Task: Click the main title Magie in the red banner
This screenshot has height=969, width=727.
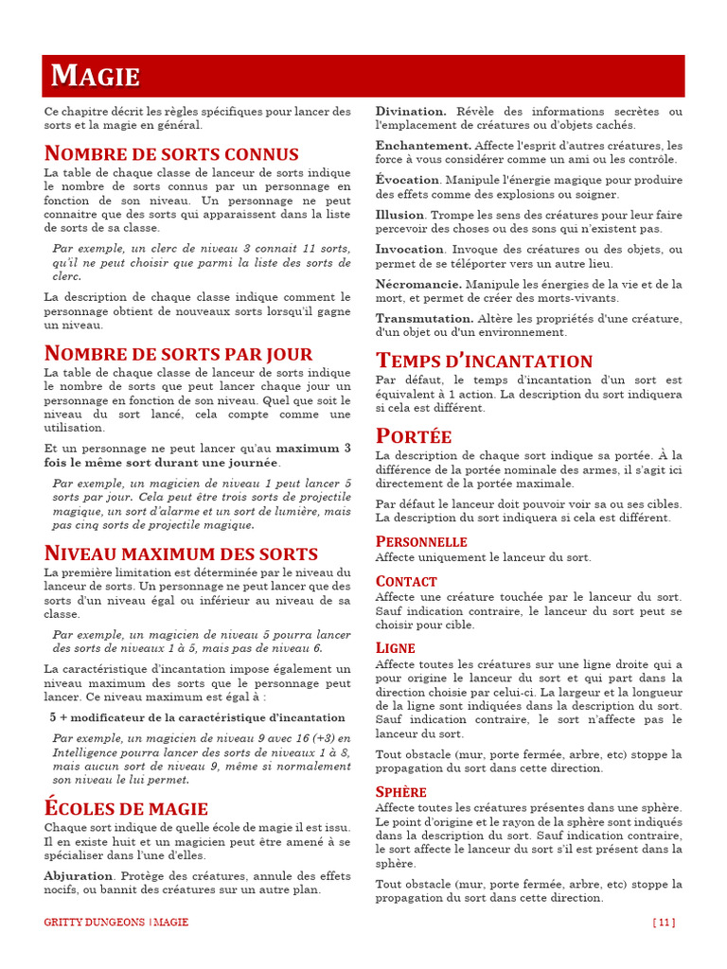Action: coord(96,77)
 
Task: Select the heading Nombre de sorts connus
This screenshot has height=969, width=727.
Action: coord(171,153)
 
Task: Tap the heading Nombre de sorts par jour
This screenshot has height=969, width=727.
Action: coord(178,354)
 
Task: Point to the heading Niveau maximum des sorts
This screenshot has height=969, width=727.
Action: coord(181,554)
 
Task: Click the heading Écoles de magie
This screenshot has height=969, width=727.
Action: coord(126,808)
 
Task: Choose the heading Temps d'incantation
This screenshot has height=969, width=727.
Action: coord(484,361)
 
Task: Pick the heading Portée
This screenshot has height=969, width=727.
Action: coord(414,436)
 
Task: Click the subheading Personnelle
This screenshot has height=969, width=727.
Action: coord(421,541)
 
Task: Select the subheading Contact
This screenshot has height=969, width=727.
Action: coord(406,581)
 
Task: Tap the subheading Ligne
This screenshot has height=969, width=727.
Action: coord(396,647)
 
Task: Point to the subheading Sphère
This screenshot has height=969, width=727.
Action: coord(401,791)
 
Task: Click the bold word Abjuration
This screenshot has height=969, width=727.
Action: coord(79,876)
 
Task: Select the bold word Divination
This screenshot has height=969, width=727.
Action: coord(411,112)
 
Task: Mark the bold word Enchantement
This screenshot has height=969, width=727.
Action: coord(423,146)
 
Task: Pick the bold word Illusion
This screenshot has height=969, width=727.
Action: coord(399,215)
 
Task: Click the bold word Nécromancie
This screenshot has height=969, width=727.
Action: coord(418,284)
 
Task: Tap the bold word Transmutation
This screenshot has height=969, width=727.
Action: coord(424,319)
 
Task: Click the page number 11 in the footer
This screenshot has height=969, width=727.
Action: coord(664,922)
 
